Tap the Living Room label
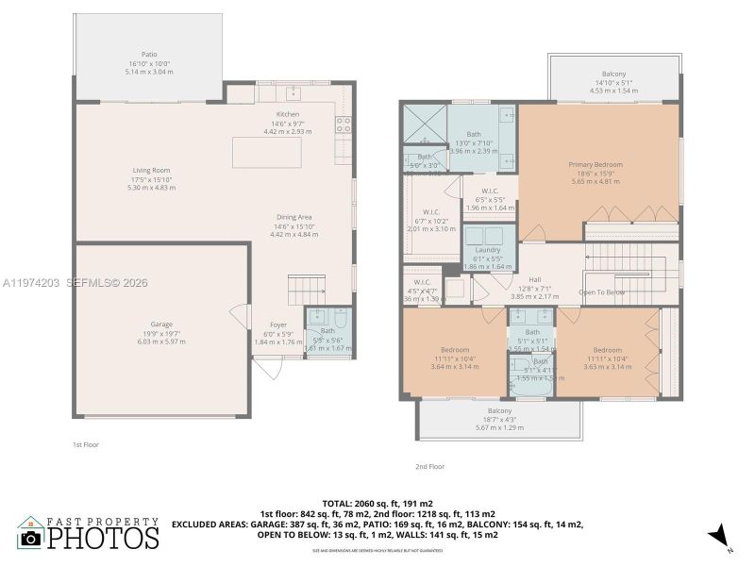[151, 171]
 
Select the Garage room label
[162, 325]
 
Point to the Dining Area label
[294, 217]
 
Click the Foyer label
[278, 325]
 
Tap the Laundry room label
[488, 249]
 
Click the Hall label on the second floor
[535, 280]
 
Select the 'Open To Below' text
[602, 292]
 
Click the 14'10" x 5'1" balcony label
[613, 75]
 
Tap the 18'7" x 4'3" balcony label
[500, 411]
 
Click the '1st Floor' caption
[86, 444]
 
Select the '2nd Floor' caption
[429, 466]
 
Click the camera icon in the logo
[31, 537]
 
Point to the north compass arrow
[719, 535]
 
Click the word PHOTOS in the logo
[103, 538]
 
